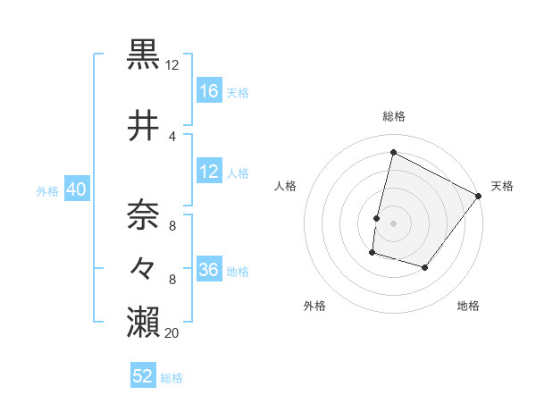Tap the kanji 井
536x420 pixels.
pos(144,126)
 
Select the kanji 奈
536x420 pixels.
pos(144,214)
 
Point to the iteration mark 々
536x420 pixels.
pos(144,266)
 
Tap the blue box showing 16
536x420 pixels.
pos(209,91)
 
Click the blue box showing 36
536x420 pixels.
pos(209,270)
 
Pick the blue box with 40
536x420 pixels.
pos(76,189)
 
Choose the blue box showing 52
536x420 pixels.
pos(143,377)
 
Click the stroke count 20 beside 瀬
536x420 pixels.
pos(172,333)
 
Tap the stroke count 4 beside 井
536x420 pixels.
pos(172,137)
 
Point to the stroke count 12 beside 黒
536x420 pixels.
pos(172,65)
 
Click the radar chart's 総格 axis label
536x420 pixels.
pos(394,116)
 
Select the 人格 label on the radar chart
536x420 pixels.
pos(286,186)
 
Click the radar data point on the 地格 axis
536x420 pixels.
pos(425,267)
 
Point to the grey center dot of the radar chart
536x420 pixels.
pos(394,223)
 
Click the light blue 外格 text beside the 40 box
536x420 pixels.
pos(47,190)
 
